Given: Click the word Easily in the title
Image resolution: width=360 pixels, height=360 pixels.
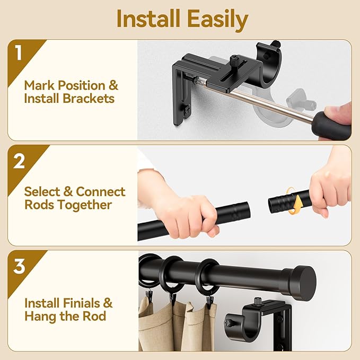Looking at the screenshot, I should coord(217,20).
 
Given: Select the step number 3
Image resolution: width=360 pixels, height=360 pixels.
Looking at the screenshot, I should coord(19,266).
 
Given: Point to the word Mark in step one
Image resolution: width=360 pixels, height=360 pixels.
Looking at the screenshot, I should coord(39,85).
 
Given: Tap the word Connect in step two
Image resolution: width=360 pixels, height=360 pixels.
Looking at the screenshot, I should coord(101,191).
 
